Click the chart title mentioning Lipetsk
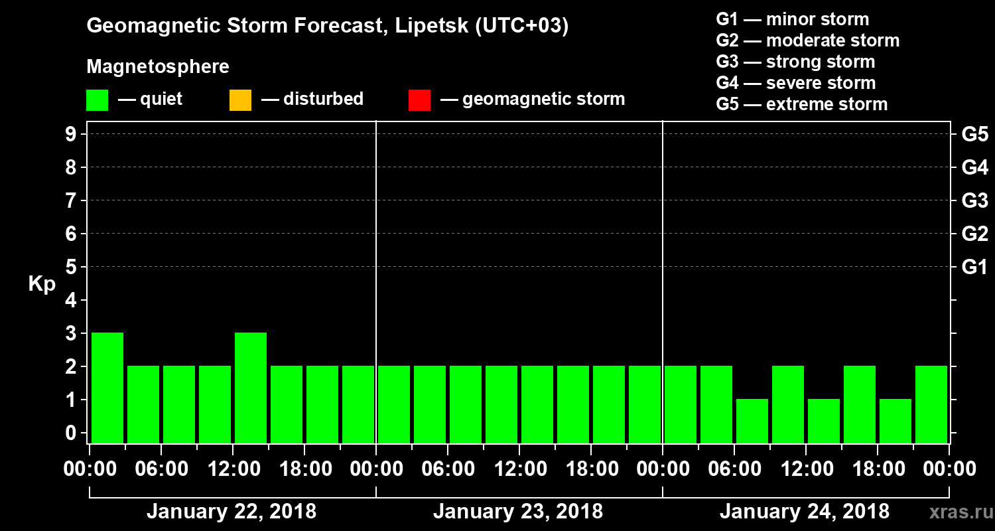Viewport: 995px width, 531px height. coord(328,27)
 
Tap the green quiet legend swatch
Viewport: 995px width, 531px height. coord(97,100)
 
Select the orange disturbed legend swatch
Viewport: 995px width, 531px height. coord(240,100)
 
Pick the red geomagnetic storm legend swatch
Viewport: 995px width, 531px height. coord(419,100)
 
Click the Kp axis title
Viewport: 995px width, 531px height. coord(42,284)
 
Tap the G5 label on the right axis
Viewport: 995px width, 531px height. coord(974,134)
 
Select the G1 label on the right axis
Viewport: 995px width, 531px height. coord(974,267)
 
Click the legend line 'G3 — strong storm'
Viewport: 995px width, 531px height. coord(795,62)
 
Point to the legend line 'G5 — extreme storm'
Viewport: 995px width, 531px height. coord(801,104)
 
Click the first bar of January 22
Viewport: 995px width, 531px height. coord(107,388)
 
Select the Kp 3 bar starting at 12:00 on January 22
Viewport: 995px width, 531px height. coord(251,388)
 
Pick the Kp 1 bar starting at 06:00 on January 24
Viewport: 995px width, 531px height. coord(752,421)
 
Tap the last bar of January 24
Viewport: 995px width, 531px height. coord(931,404)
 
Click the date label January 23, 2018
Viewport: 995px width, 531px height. coord(518,512)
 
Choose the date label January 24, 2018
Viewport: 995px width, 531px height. coord(805,512)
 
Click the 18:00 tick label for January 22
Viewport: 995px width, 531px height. coord(304,469)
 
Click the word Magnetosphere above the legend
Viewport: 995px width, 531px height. coord(158,67)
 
